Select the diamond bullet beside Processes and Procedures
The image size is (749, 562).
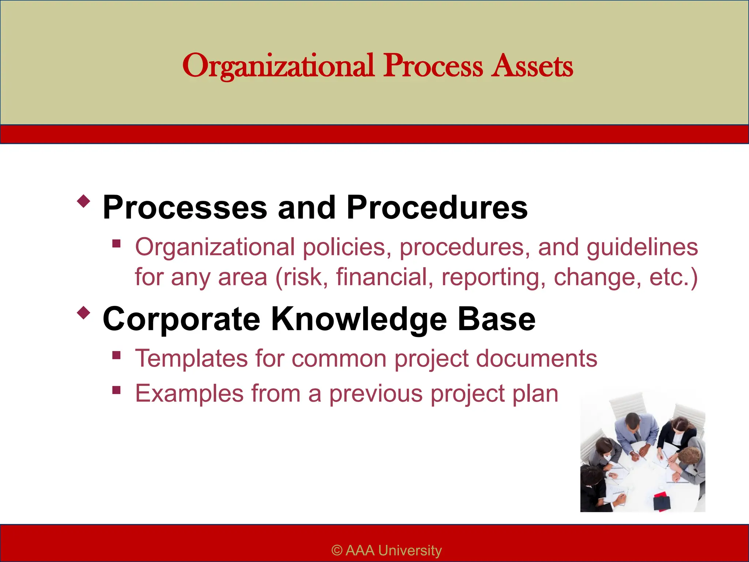[84, 201]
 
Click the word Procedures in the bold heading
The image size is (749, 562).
[437, 207]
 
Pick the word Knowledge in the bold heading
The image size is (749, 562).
[359, 319]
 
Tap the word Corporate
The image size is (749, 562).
[181, 319]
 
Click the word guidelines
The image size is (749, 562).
[642, 248]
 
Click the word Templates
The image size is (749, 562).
[191, 358]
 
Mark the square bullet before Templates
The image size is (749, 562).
[117, 355]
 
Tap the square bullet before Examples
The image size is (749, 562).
[117, 390]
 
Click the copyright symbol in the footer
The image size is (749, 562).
[336, 550]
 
